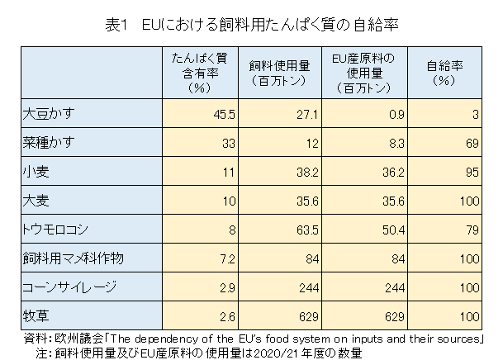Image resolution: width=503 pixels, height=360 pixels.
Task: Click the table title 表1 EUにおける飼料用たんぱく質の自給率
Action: pos(252,25)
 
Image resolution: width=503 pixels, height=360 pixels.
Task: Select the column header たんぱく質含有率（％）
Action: pos(198,72)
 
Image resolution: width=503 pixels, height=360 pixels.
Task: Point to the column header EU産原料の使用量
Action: pos(362,72)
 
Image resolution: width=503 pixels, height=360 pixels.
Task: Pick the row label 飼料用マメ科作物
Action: pos(72,258)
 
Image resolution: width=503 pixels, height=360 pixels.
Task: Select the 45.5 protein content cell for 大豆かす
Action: pos(225,114)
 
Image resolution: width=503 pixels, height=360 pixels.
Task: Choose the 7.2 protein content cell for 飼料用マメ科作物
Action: pos(229,259)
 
